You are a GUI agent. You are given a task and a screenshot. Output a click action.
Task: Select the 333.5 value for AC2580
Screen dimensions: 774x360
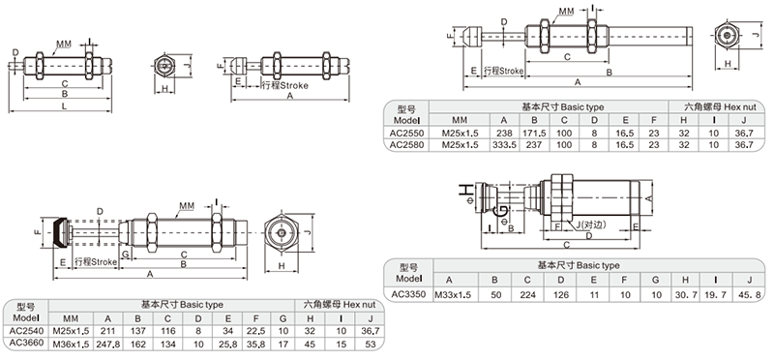[x=504, y=145]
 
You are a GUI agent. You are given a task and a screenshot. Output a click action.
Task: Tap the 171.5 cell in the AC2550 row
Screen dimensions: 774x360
[x=534, y=133]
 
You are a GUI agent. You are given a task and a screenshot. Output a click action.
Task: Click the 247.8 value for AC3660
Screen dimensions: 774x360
[x=108, y=345]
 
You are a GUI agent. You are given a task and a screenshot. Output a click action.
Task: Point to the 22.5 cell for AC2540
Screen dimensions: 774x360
[x=257, y=331]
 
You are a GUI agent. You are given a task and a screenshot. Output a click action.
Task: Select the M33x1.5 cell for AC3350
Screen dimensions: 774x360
[x=453, y=295]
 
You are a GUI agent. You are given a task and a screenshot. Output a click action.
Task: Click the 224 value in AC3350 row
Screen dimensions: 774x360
[x=527, y=295]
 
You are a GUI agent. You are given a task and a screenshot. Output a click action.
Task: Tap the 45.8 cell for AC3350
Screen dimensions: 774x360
[x=749, y=295]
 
